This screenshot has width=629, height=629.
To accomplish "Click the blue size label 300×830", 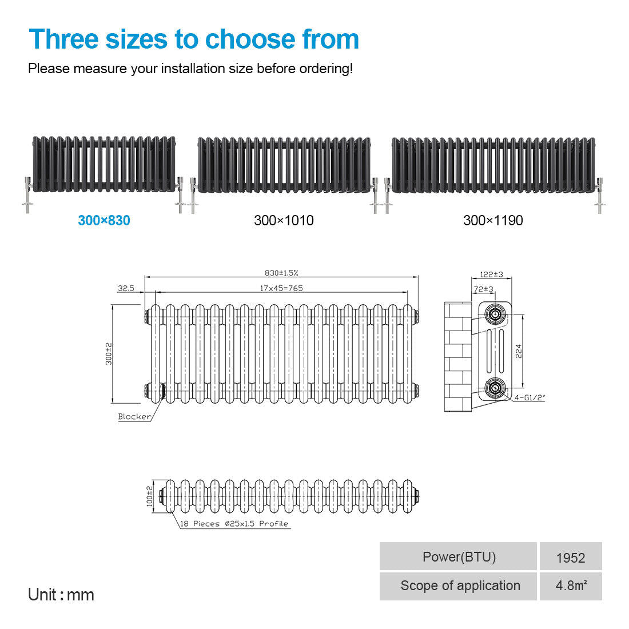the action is point(104,220).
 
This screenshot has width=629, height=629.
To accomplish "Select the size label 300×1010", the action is point(284,220).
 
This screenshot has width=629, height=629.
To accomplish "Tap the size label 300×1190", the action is point(493,220).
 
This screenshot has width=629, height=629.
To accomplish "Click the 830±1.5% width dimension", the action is point(281,273).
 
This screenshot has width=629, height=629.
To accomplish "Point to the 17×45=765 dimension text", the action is point(281,288).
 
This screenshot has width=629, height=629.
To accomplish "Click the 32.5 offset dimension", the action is point(126,288).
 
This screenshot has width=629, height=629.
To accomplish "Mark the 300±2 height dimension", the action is point(109,354).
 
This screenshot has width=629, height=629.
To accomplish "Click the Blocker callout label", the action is point(134,416).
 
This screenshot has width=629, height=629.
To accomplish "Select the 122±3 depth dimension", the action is point(491,274).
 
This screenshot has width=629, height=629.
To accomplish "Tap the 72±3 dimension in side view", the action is point(483,289).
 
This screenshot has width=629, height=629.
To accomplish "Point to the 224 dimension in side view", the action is point(519,351).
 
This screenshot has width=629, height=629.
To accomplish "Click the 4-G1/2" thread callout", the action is point(530,397).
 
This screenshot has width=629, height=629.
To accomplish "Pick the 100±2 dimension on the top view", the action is point(149,496).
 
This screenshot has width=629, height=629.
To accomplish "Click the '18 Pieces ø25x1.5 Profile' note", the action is point(234,523).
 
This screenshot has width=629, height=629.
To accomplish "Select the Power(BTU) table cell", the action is point(458,556).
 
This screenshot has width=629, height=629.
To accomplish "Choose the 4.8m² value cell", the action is point(571,586).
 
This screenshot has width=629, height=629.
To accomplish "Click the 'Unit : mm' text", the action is point(61,595).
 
